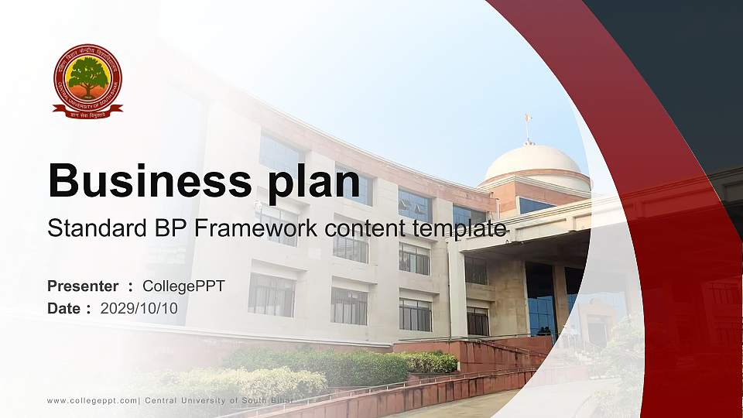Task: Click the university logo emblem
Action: [87, 81]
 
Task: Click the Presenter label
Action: [83, 286]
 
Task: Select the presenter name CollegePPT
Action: [183, 286]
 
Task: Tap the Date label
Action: [64, 309]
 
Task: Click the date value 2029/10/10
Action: [139, 309]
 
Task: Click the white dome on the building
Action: [532, 161]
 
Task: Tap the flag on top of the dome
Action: [529, 118]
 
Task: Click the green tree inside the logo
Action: [87, 76]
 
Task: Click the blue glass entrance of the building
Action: [540, 302]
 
